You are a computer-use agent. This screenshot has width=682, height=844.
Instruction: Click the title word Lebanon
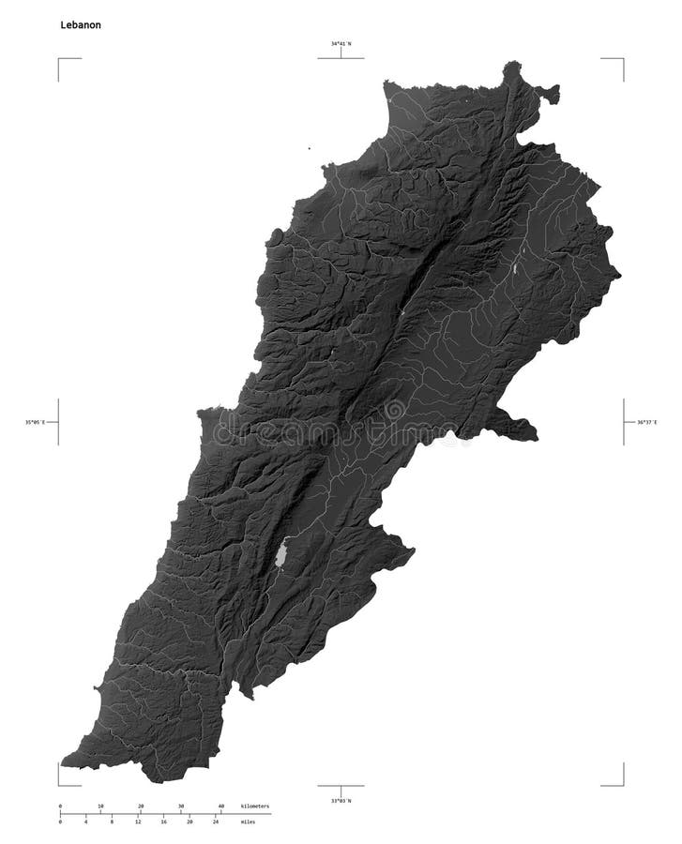pos(81,25)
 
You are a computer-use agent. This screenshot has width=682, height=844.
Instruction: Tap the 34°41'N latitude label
pos(341,43)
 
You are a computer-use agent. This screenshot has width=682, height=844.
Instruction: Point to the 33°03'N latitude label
pos(341,800)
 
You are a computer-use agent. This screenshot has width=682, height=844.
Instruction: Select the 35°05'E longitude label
pos(39,422)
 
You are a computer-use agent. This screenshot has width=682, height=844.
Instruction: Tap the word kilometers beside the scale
pos(254,806)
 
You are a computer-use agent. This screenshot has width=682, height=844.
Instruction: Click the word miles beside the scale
pos(248,821)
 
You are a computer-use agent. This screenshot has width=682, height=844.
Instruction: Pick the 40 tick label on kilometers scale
pos(221,806)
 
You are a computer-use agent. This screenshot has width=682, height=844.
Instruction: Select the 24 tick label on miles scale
pos(216,821)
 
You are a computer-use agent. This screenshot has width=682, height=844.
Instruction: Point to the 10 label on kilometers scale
pos(100,806)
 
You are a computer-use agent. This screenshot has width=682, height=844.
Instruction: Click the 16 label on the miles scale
pos(163,821)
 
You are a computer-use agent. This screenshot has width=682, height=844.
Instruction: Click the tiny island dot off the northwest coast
pos(309,148)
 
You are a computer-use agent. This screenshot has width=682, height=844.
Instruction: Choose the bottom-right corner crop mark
pos(621,783)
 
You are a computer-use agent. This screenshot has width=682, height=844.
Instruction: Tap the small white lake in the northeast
pos(515,270)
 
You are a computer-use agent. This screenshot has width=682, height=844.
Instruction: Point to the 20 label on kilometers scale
pos(141,806)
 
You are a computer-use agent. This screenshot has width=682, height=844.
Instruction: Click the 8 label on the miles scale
pos(112,821)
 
